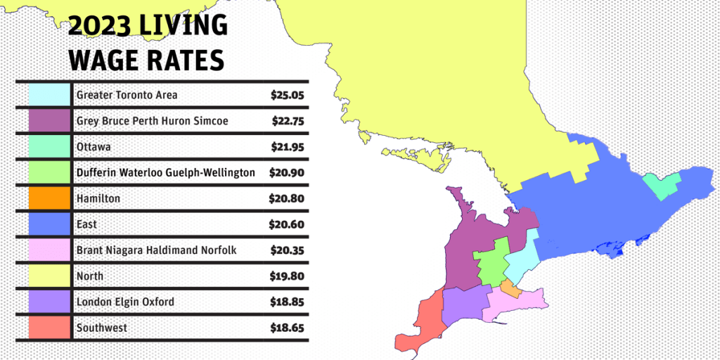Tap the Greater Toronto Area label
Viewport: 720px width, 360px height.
click(x=127, y=95)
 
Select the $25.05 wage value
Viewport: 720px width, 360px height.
click(x=288, y=95)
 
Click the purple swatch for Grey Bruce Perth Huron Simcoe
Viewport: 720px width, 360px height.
click(x=50, y=121)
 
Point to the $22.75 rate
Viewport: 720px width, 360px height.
click(x=288, y=121)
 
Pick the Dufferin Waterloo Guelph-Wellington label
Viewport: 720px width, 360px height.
click(x=165, y=172)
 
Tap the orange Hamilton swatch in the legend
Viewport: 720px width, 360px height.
click(x=50, y=198)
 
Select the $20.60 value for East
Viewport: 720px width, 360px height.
click(x=287, y=224)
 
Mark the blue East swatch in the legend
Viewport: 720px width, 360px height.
click(x=50, y=224)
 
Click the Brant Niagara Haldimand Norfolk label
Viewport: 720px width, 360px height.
click(x=156, y=250)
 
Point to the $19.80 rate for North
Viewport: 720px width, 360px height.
click(x=287, y=276)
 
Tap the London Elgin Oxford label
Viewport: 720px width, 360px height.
click(x=125, y=302)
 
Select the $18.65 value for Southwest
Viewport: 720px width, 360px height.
click(x=287, y=328)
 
